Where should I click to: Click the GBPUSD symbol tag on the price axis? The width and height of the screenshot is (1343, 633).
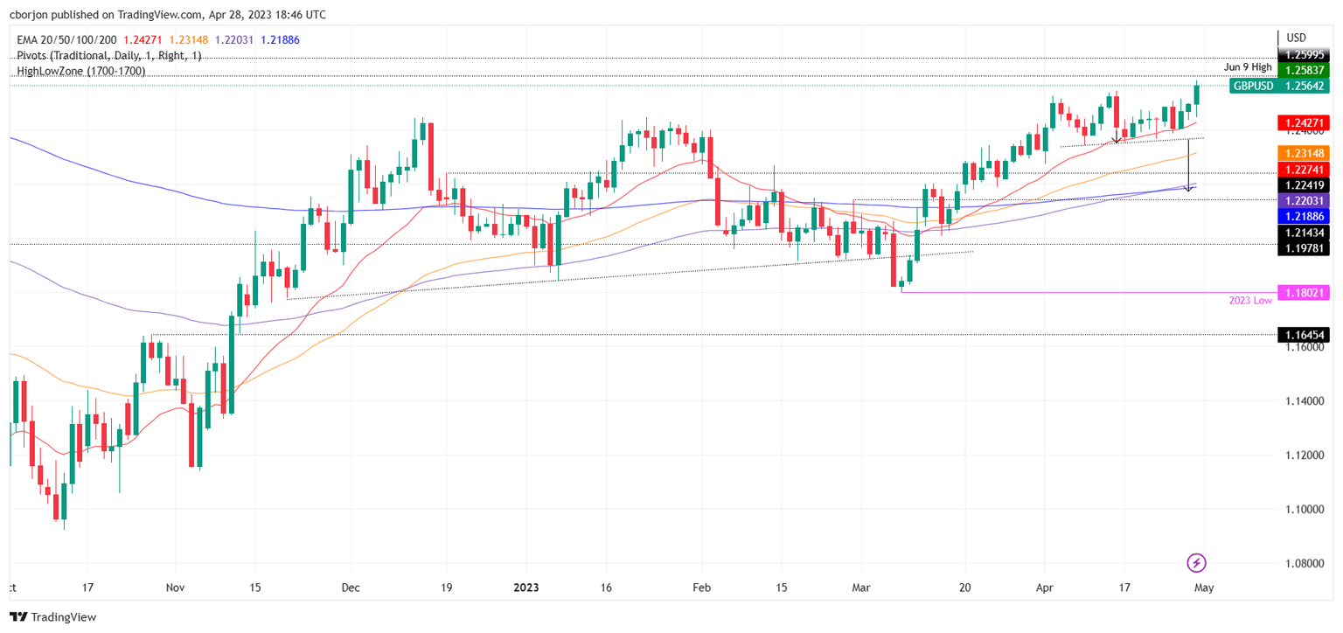(x=1252, y=86)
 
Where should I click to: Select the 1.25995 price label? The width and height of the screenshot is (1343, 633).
(x=1303, y=54)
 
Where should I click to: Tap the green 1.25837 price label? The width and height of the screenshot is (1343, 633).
(x=1303, y=70)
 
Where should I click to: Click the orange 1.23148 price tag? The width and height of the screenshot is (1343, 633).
(x=1303, y=153)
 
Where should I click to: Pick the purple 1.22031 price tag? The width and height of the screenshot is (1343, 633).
(x=1303, y=201)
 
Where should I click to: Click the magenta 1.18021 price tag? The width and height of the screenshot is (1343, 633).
(x=1303, y=294)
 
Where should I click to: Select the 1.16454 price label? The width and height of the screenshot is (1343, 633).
(x=1303, y=335)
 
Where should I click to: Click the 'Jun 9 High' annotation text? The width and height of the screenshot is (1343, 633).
(x=1248, y=66)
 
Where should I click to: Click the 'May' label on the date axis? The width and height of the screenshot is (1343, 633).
(x=1203, y=588)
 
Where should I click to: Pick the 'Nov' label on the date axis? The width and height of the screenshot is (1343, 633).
(x=174, y=588)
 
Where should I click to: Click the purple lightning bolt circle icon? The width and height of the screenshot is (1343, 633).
(x=1197, y=563)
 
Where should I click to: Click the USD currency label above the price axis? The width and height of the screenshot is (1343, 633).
(x=1297, y=38)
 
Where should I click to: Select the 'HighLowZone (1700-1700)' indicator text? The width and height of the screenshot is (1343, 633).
(x=81, y=72)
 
